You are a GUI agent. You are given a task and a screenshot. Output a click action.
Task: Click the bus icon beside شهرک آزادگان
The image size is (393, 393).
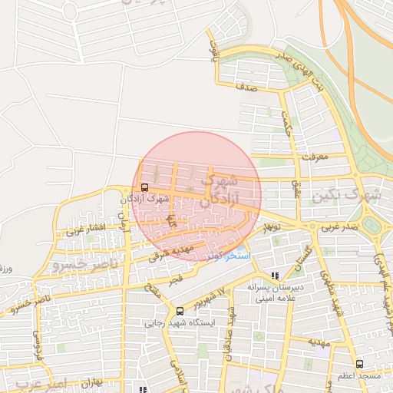(x=145, y=187)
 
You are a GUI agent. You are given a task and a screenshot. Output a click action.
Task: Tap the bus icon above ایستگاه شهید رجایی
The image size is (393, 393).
(x=180, y=312)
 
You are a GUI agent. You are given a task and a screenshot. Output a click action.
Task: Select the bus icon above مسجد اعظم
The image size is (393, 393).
(x=359, y=364)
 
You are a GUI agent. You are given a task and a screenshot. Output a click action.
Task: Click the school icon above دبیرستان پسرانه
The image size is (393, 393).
(x=276, y=275)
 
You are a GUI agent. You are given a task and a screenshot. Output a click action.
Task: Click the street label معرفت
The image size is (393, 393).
(x=315, y=157)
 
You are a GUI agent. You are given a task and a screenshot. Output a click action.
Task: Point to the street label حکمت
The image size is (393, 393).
(x=287, y=121)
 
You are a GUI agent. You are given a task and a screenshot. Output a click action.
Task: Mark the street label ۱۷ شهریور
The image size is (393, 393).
(x=213, y=296)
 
